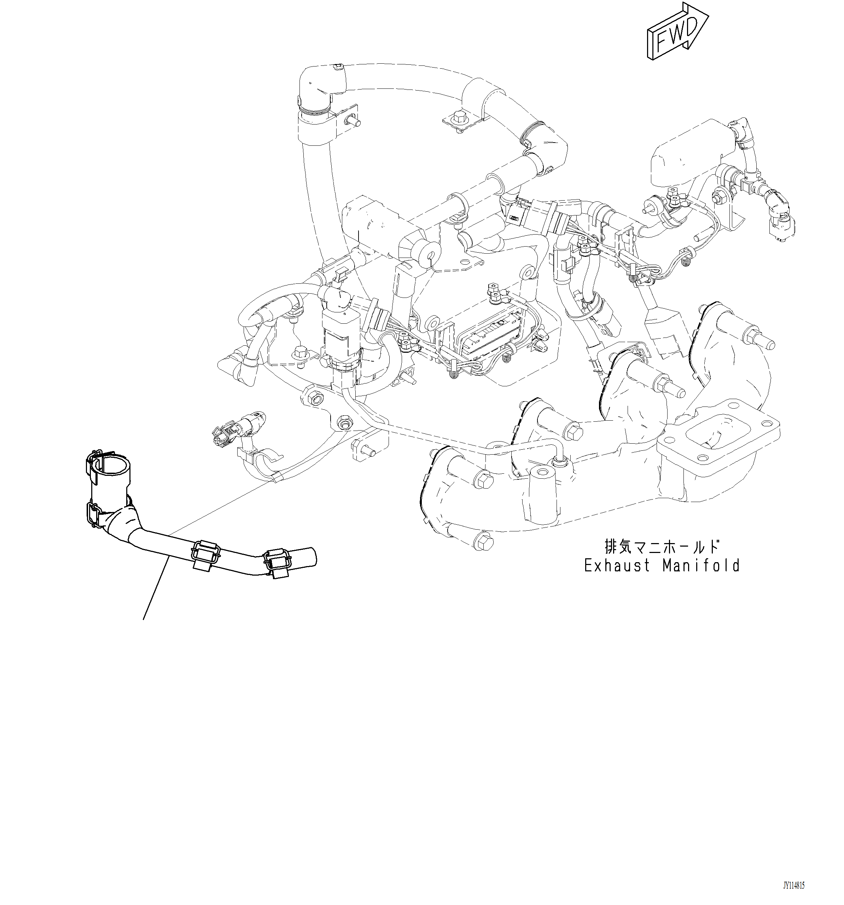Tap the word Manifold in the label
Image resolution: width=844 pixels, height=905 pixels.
pos(701,566)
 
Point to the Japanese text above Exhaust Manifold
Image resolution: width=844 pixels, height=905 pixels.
pos(662,546)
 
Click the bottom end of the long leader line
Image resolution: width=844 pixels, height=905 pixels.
pos(144,619)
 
